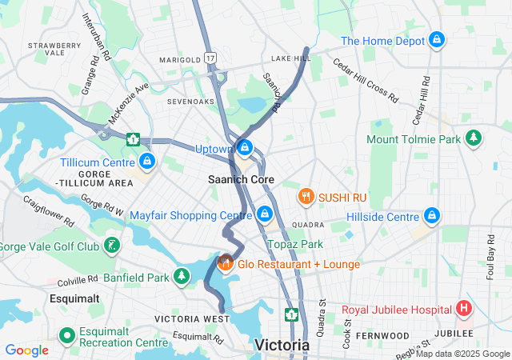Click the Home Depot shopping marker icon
click(437, 39)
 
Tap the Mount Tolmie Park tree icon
click(474, 138)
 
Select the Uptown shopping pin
click(246, 149)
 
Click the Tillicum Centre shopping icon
click(146, 162)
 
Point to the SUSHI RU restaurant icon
click(305, 196)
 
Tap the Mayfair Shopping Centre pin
click(265, 214)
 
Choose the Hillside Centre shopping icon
click(432, 216)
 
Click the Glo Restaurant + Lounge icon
click(226, 262)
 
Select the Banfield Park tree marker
click(183, 278)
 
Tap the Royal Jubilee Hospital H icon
click(463, 309)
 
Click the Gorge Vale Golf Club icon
click(112, 245)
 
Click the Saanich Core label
click(241, 180)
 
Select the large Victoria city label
click(282, 345)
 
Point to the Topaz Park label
click(296, 244)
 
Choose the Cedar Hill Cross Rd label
click(365, 82)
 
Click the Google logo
click(26, 350)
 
